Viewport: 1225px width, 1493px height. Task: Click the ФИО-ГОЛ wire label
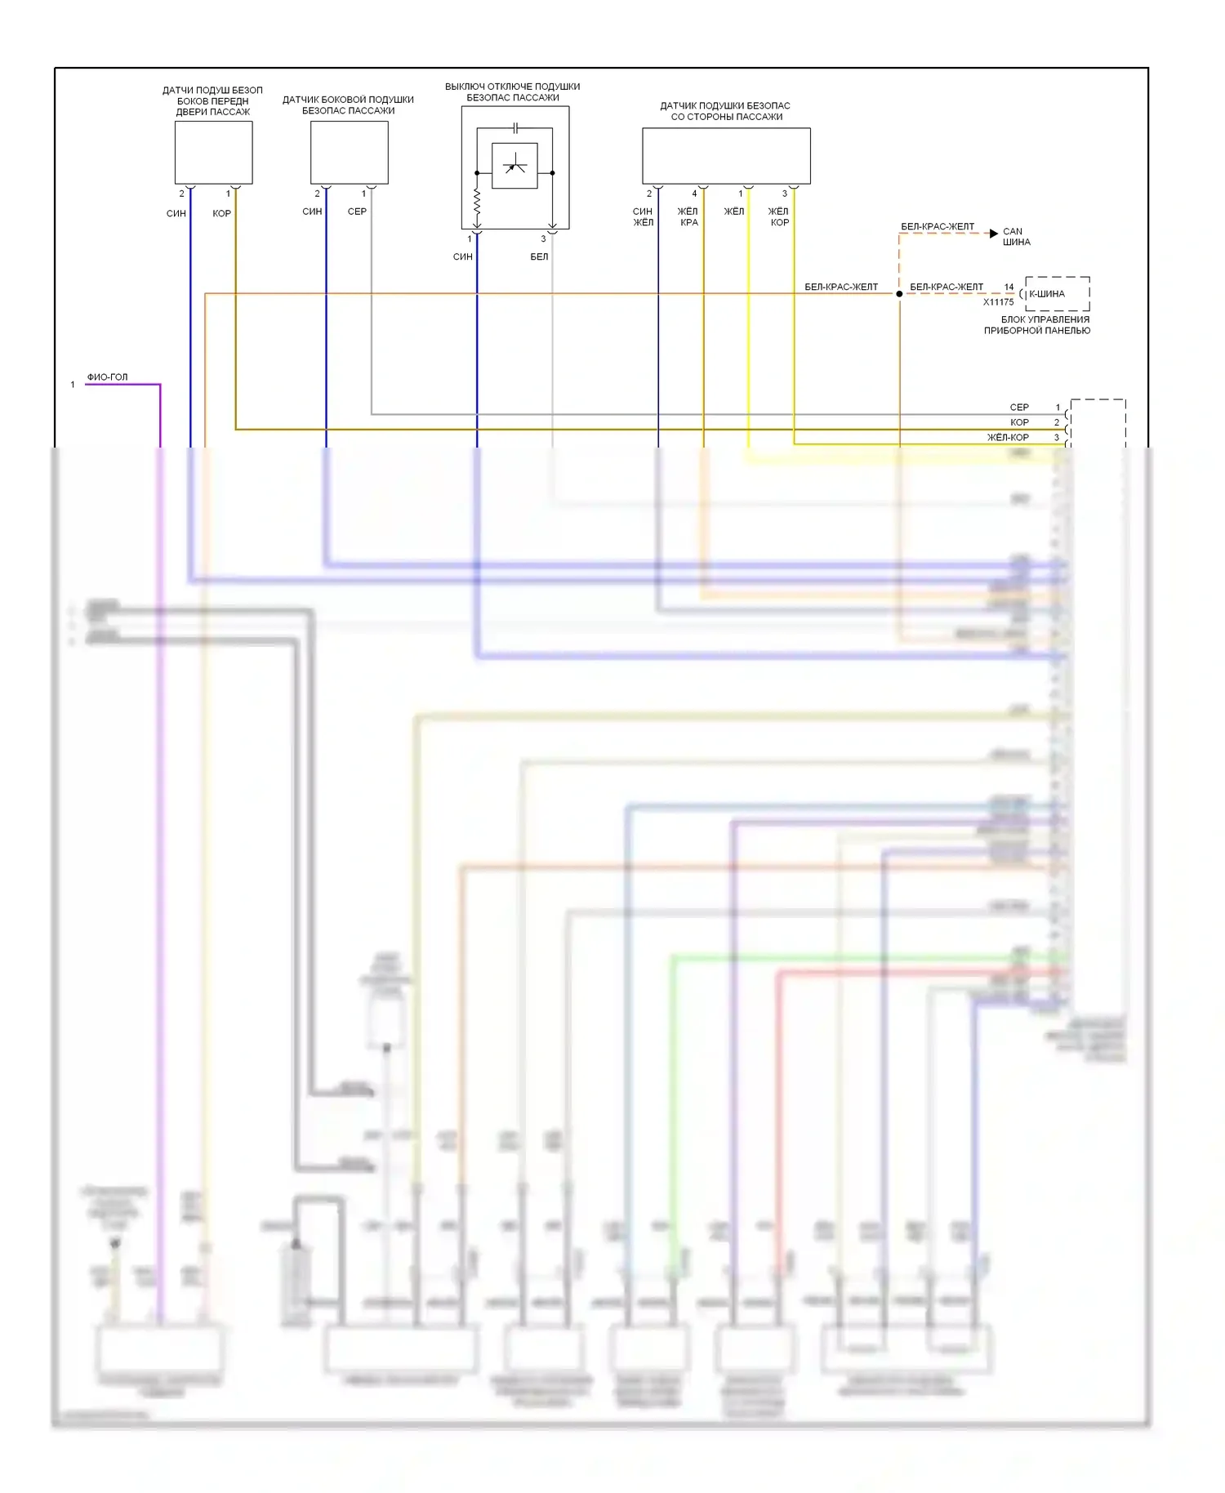(107, 377)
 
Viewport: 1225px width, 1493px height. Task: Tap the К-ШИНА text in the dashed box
(1047, 294)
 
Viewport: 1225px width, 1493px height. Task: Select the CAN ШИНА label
(1016, 237)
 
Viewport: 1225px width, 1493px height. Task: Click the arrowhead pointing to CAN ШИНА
(993, 234)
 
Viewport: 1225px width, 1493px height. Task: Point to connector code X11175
(998, 302)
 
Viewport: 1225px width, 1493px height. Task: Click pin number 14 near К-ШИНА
(1009, 287)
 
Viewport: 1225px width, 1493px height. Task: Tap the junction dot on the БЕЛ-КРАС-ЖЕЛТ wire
(899, 294)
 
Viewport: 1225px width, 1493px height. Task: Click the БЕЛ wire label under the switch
(539, 257)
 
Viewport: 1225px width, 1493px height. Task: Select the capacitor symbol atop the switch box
(515, 128)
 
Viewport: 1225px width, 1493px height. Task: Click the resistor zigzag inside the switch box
(477, 201)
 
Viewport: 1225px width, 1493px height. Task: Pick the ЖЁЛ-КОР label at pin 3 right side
(1008, 438)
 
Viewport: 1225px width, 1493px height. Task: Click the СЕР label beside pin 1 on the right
(1019, 408)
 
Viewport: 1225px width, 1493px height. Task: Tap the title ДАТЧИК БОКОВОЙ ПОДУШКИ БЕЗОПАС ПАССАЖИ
(348, 105)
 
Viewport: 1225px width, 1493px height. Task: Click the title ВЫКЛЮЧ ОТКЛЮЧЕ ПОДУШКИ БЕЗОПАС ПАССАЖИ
(513, 92)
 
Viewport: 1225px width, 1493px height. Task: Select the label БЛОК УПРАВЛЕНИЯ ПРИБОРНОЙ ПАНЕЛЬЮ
(1036, 325)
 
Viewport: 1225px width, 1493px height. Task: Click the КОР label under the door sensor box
(221, 214)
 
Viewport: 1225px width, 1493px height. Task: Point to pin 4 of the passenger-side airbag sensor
(695, 194)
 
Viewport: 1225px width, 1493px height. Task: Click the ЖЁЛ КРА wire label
(688, 217)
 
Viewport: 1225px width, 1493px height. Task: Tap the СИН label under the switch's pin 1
(463, 257)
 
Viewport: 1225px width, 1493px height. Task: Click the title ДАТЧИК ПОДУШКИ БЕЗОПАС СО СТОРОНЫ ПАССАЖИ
(725, 111)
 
